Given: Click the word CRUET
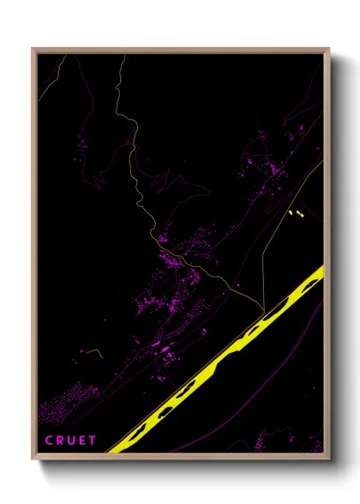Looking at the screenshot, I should [x=71, y=441].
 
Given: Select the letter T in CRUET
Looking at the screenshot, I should [x=93, y=441].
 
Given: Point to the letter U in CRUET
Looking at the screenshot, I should [x=71, y=441].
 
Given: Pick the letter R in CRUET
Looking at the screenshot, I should [x=60, y=441].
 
